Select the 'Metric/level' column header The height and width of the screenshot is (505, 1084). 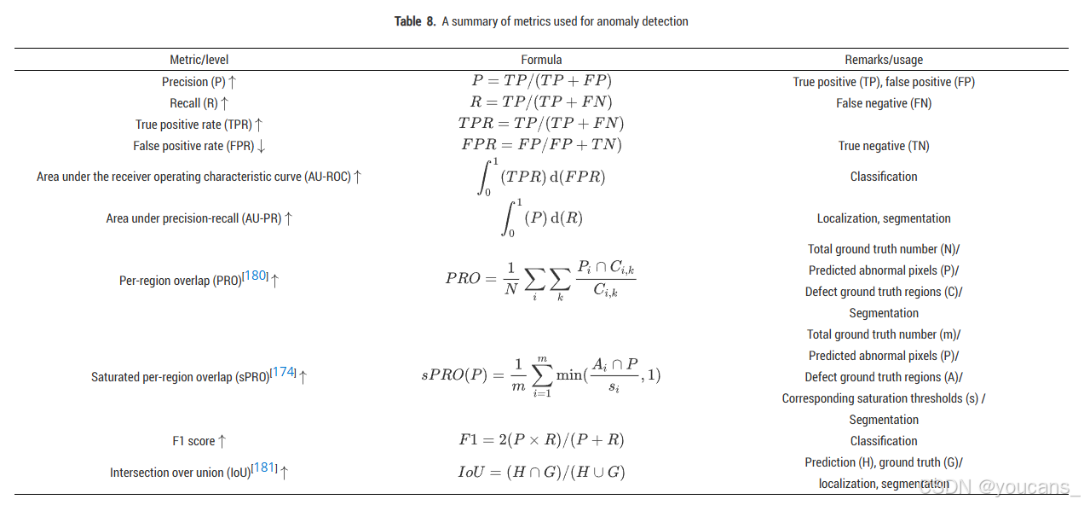click(199, 60)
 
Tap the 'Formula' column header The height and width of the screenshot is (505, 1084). click(541, 60)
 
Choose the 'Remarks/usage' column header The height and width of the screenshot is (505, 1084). click(884, 60)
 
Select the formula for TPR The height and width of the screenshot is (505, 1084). click(541, 124)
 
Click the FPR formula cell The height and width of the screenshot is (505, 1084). click(541, 145)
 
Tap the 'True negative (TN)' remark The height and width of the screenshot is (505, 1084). click(884, 146)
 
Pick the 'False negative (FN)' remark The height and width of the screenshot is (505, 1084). click(884, 103)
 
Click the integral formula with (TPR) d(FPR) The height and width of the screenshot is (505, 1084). click(541, 177)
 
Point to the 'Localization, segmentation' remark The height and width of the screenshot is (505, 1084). click(884, 218)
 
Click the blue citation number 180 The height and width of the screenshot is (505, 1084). click(256, 276)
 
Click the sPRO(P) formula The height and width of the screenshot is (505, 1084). click(541, 375)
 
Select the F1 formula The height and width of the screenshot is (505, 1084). click(541, 440)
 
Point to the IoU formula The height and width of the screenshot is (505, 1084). click(541, 472)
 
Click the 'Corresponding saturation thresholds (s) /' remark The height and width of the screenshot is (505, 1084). click(884, 398)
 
